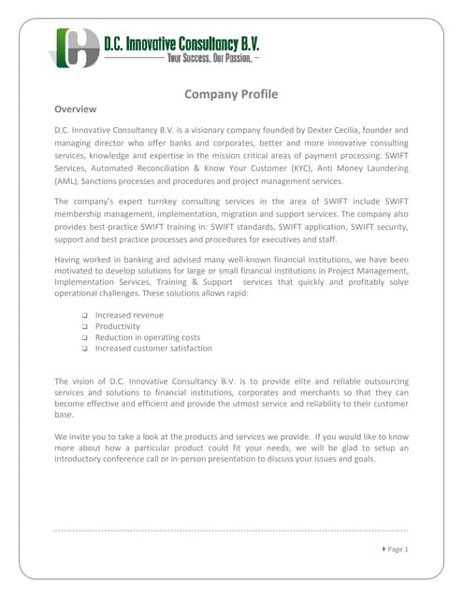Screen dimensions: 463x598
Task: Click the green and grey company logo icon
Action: (75, 47)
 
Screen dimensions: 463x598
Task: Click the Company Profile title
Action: (231, 93)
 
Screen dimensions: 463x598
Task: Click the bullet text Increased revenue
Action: (129, 315)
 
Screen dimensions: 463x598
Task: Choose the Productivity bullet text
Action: (117, 326)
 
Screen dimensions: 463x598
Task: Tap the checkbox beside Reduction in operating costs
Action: (84, 337)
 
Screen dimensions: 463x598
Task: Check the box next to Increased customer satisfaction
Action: (84, 349)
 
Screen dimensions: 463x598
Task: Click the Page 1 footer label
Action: (398, 548)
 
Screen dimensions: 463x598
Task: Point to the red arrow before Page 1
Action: (383, 548)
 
